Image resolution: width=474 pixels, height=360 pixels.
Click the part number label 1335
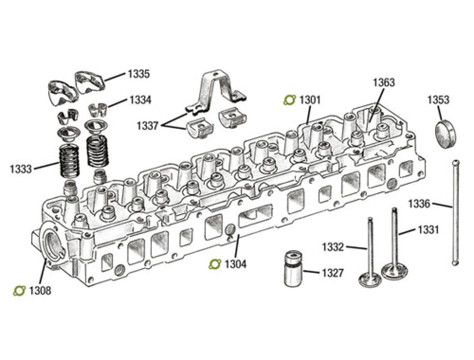coord(138,74)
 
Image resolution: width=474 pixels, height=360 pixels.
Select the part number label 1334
coord(140,100)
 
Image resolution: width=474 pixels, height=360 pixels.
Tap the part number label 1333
coord(22,168)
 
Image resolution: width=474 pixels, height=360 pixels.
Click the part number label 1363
coord(383,82)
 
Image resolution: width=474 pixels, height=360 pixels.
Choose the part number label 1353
coord(438,100)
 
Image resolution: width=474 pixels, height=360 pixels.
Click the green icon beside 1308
coord(19,290)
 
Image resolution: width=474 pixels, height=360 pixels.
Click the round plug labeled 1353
coord(447,133)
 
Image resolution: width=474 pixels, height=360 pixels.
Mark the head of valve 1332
coord(370,280)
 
